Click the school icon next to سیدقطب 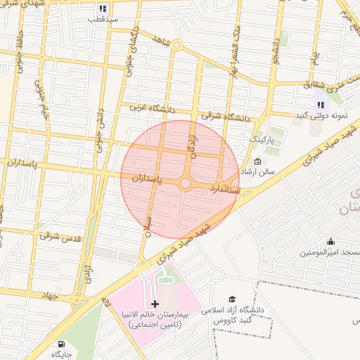(103, 9)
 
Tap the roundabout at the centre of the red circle (186, 184)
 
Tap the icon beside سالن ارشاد (257, 162)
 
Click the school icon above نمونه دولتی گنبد (320, 105)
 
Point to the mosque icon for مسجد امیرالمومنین (331, 242)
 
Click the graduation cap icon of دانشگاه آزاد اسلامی (233, 299)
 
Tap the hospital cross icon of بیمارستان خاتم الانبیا (155, 304)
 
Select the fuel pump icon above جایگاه (61, 345)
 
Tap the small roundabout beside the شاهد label (176, 45)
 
